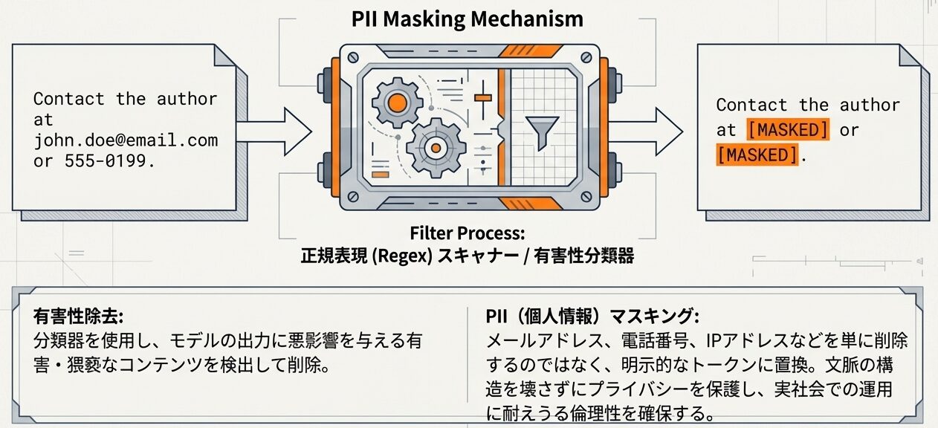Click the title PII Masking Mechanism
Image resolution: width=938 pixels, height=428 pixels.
468,19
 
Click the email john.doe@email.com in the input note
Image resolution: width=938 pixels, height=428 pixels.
126,140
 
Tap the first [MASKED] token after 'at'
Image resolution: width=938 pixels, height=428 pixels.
788,130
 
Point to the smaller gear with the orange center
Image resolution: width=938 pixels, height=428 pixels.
396,102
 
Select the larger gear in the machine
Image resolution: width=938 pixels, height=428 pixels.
435,149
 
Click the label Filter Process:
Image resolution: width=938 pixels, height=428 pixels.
468,233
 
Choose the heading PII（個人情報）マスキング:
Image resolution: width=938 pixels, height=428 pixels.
592,316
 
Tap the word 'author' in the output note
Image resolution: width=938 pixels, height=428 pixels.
870,106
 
